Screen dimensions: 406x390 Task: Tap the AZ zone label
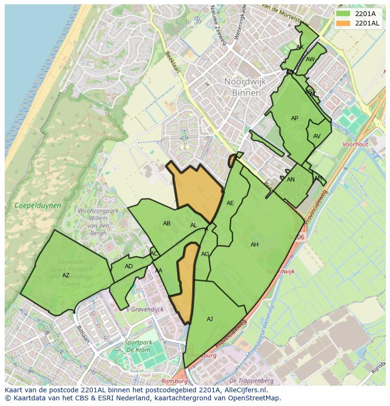tap(66, 275)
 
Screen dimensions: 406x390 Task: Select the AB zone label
tap(167, 224)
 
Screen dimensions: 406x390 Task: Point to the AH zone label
tap(254, 245)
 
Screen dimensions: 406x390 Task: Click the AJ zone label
tap(210, 319)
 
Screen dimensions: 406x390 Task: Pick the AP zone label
tap(294, 118)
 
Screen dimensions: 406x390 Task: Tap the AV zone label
tap(317, 136)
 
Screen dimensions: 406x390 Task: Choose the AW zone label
tap(310, 59)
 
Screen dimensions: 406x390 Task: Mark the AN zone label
tap(291, 180)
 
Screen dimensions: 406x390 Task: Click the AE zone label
tap(230, 203)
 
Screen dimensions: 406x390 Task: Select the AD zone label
tap(129, 266)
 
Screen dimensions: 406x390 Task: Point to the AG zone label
tap(205, 254)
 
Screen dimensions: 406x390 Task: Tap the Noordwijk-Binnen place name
tap(246, 87)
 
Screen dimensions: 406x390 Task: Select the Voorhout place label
tap(355, 145)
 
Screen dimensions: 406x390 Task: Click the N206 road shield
tap(296, 237)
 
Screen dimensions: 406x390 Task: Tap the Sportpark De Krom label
tap(138, 346)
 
